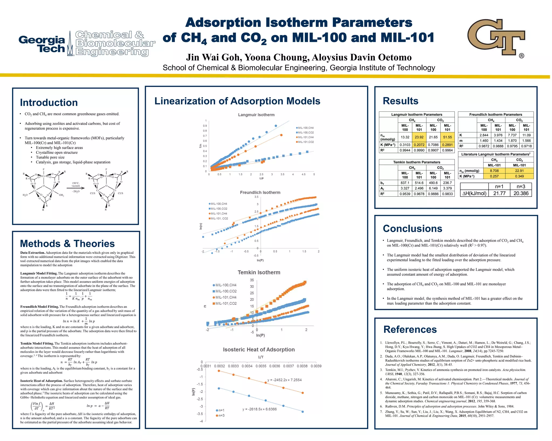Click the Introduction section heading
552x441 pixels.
[x=49, y=103]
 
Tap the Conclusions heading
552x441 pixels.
[x=412, y=229]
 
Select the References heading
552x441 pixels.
[x=410, y=330]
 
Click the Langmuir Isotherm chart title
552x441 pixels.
[x=256, y=115]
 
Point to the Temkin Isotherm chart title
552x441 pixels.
[x=259, y=272]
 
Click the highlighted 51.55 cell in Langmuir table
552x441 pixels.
[x=447, y=137]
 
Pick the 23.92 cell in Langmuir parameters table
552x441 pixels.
[x=419, y=137]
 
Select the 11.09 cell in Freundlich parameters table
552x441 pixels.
[x=526, y=135]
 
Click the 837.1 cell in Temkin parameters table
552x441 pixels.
[x=405, y=183]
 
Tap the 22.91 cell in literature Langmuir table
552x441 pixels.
[x=519, y=171]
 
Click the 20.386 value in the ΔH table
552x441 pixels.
[x=521, y=193]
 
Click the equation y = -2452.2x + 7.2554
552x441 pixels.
[x=284, y=380]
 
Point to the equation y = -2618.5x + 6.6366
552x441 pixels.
[x=259, y=409]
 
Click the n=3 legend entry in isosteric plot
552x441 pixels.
[x=220, y=416]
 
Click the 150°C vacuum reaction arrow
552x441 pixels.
[x=76, y=188]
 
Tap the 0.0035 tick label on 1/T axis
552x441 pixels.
[x=261, y=366]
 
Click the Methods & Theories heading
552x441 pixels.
[x=67, y=244]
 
